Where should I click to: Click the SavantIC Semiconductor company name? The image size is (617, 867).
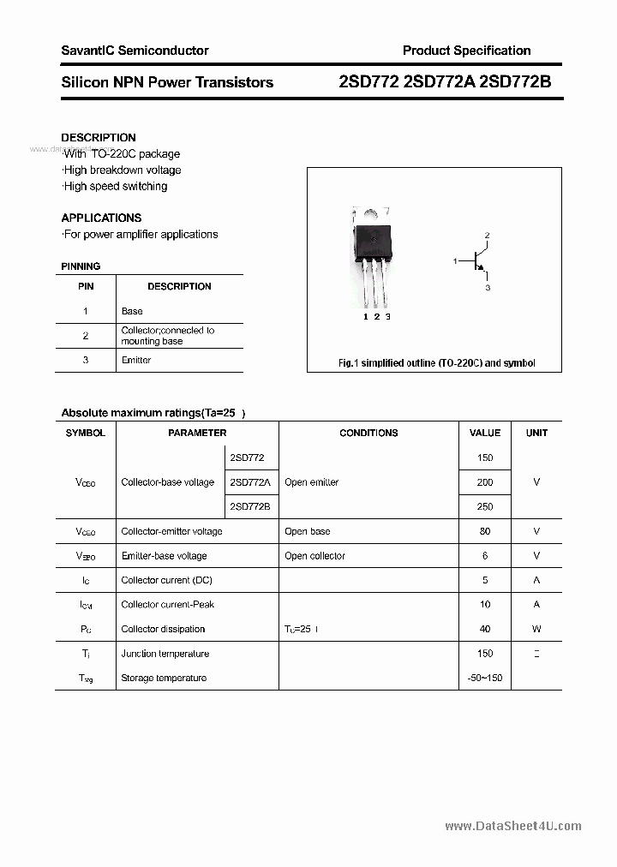pyautogui.click(x=135, y=51)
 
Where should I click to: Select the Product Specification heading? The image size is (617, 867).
pyautogui.click(x=466, y=51)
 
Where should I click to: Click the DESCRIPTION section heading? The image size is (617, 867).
pyautogui.click(x=99, y=137)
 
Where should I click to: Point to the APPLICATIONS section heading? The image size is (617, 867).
pyautogui.click(x=101, y=218)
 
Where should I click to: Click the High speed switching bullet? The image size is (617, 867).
pyautogui.click(x=116, y=186)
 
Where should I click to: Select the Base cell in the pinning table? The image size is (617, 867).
pyautogui.click(x=132, y=311)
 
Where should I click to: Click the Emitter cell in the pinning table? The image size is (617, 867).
pyautogui.click(x=136, y=360)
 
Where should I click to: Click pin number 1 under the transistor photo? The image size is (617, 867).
pyautogui.click(x=365, y=317)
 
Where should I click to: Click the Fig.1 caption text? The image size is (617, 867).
pyautogui.click(x=436, y=363)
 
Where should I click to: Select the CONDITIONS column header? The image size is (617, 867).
pyautogui.click(x=368, y=433)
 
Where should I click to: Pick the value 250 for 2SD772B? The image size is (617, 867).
pyautogui.click(x=485, y=506)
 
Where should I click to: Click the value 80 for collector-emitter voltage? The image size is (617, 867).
pyautogui.click(x=485, y=531)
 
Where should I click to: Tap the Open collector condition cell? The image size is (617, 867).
pyautogui.click(x=314, y=556)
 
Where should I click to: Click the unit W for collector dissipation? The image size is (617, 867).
pyautogui.click(x=536, y=629)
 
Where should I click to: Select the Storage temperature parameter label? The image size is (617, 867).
pyautogui.click(x=164, y=678)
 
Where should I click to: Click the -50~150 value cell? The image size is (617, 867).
pyautogui.click(x=485, y=678)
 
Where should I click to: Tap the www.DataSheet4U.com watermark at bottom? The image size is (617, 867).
pyautogui.click(x=513, y=826)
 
